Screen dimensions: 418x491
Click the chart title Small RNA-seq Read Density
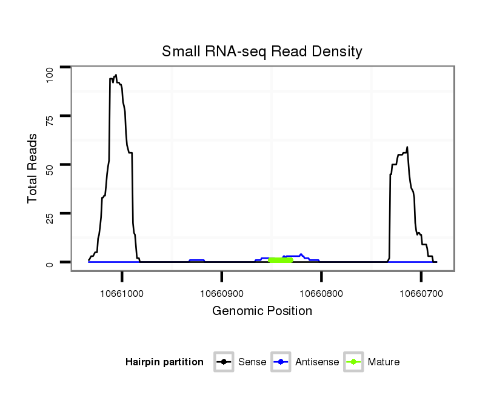pyautogui.click(x=262, y=51)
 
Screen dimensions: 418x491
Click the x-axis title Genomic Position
pyautogui.click(x=262, y=311)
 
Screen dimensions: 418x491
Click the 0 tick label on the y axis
pyautogui.click(x=50, y=263)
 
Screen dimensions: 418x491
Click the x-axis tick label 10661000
pyautogui.click(x=122, y=294)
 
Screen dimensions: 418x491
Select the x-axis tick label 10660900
pyautogui.click(x=222, y=294)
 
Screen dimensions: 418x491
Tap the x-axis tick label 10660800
pyautogui.click(x=321, y=294)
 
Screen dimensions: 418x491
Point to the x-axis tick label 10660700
pyautogui.click(x=421, y=294)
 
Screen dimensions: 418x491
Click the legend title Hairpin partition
pyautogui.click(x=164, y=362)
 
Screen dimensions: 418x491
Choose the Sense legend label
pyautogui.click(x=252, y=362)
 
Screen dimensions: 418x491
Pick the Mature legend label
pyautogui.click(x=383, y=362)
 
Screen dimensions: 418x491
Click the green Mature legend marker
pyautogui.click(x=353, y=362)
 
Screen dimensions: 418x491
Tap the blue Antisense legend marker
pyautogui.click(x=282, y=362)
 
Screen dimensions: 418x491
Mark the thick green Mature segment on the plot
pyautogui.click(x=281, y=260)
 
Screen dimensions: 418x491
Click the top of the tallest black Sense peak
pyautogui.click(x=115, y=75)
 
